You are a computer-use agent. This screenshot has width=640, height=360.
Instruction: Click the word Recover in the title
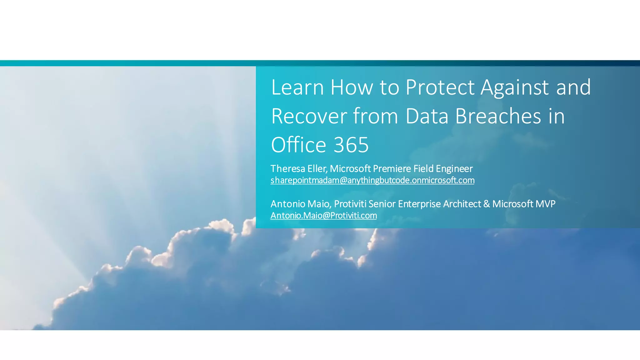coord(309,116)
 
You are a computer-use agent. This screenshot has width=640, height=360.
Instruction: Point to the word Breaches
coord(498,116)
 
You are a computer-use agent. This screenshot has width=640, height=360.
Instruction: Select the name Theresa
coord(287,169)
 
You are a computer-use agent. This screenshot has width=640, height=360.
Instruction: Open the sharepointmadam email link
coord(372,180)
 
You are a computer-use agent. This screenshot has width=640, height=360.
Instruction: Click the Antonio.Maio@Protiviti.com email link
coord(323,216)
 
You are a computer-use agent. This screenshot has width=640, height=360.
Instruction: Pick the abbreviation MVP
coord(545,204)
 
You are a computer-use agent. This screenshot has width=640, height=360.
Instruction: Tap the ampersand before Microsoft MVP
coord(486,204)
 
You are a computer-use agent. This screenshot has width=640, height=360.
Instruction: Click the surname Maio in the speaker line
coord(318,204)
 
